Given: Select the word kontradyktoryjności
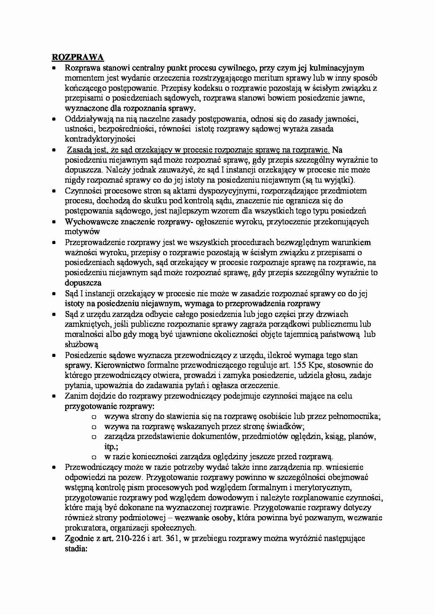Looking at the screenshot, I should (x=100, y=138).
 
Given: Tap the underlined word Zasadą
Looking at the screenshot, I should (x=79, y=150).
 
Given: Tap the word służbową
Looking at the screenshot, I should (x=81, y=344).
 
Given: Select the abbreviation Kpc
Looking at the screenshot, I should (x=331, y=365).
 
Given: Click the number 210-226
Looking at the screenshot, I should (x=124, y=538).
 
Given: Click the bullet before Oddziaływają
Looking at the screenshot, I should (x=54, y=119).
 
